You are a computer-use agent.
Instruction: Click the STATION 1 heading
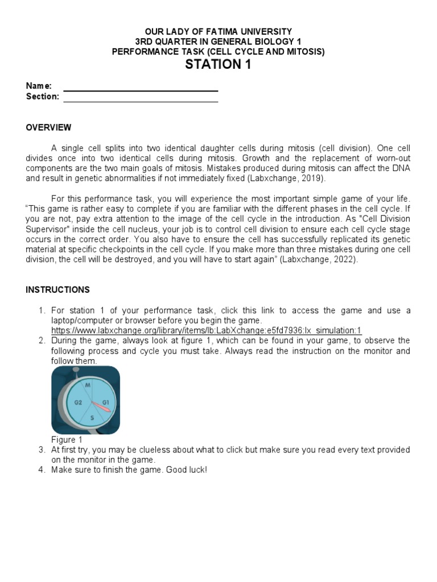point(218,65)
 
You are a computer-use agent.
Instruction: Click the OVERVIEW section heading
point(48,127)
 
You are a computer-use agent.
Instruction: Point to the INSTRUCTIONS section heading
point(57,290)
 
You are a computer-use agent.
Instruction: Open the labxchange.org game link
point(206,331)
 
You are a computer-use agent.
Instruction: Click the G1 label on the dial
point(105,402)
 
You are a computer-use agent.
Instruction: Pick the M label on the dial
point(88,385)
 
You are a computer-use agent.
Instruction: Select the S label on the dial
point(92,418)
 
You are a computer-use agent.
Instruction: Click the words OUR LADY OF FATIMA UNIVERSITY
point(218,32)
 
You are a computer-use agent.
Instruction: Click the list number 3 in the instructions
point(42,450)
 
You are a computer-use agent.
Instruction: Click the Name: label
point(39,86)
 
